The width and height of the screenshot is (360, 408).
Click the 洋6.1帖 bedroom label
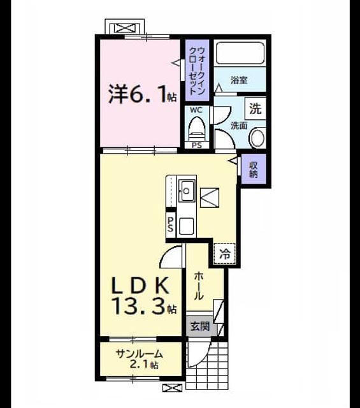pyautogui.click(x=143, y=95)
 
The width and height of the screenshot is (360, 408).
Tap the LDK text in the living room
pyautogui.click(x=140, y=286)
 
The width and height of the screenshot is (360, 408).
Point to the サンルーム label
pyautogui.click(x=140, y=354)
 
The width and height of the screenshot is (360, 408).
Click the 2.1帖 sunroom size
pyautogui.click(x=144, y=365)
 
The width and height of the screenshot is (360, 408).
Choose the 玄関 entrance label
pyautogui.click(x=200, y=326)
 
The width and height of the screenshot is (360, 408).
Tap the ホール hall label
pyautogui.click(x=199, y=286)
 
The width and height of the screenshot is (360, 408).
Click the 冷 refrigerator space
pyautogui.click(x=224, y=254)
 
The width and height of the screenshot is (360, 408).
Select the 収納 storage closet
pyautogui.click(x=254, y=170)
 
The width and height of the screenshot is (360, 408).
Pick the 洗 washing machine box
pyautogui.click(x=256, y=109)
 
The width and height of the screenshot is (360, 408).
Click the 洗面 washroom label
pyautogui.click(x=239, y=126)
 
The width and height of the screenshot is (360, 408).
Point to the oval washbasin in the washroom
pyautogui.click(x=257, y=138)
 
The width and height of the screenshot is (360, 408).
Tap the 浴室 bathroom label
pyautogui.click(x=239, y=80)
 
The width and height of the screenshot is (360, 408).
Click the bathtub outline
pyautogui.click(x=240, y=53)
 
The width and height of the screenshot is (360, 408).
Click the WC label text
pyautogui.click(x=196, y=110)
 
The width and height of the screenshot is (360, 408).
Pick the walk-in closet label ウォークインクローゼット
pyautogui.click(x=197, y=70)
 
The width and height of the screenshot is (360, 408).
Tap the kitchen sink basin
pyautogui.click(x=187, y=191)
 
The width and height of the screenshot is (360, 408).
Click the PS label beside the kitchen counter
pyautogui.click(x=171, y=224)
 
